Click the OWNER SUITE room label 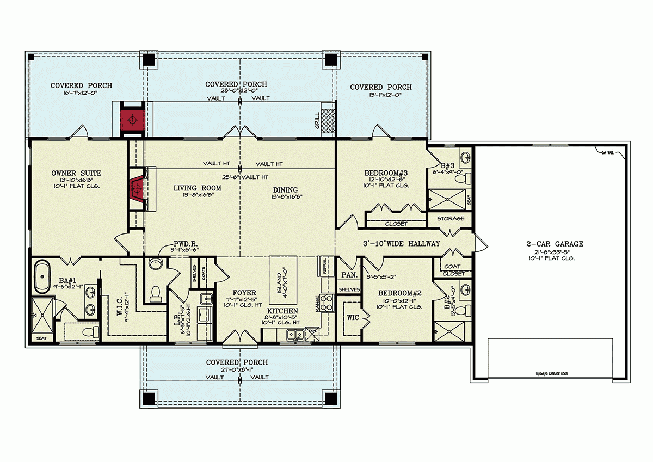pyautogui.click(x=77, y=174)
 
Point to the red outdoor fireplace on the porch pyautogui.click(x=131, y=118)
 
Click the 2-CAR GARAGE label pyautogui.click(x=551, y=244)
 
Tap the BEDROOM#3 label pyautogui.click(x=386, y=174)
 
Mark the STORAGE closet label pyautogui.click(x=451, y=219)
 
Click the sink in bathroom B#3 pyautogui.click(x=465, y=159)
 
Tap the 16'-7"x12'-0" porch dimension pyautogui.click(x=82, y=94)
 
